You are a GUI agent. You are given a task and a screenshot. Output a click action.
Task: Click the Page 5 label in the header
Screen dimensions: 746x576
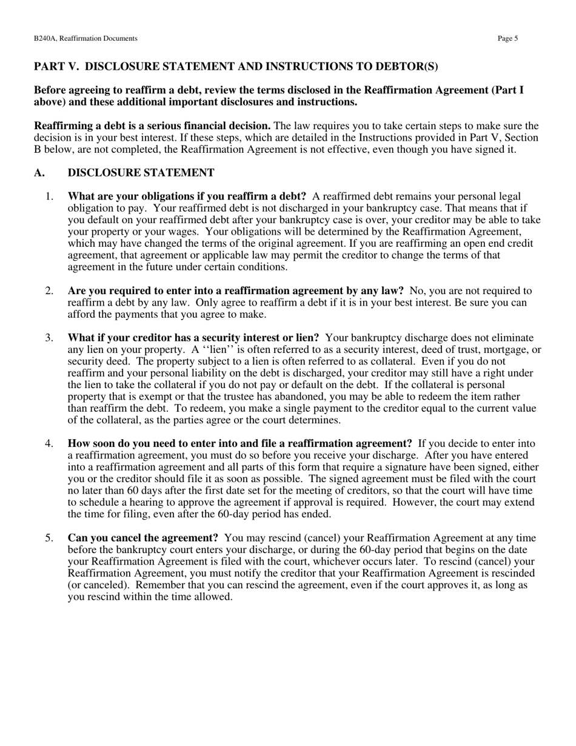tap(507, 38)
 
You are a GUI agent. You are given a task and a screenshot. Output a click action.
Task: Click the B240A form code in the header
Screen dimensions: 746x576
tap(47, 38)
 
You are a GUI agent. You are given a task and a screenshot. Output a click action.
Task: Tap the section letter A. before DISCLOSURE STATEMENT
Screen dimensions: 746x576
tap(39, 173)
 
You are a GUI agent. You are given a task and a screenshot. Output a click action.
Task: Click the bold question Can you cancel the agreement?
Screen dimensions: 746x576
tap(142, 538)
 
